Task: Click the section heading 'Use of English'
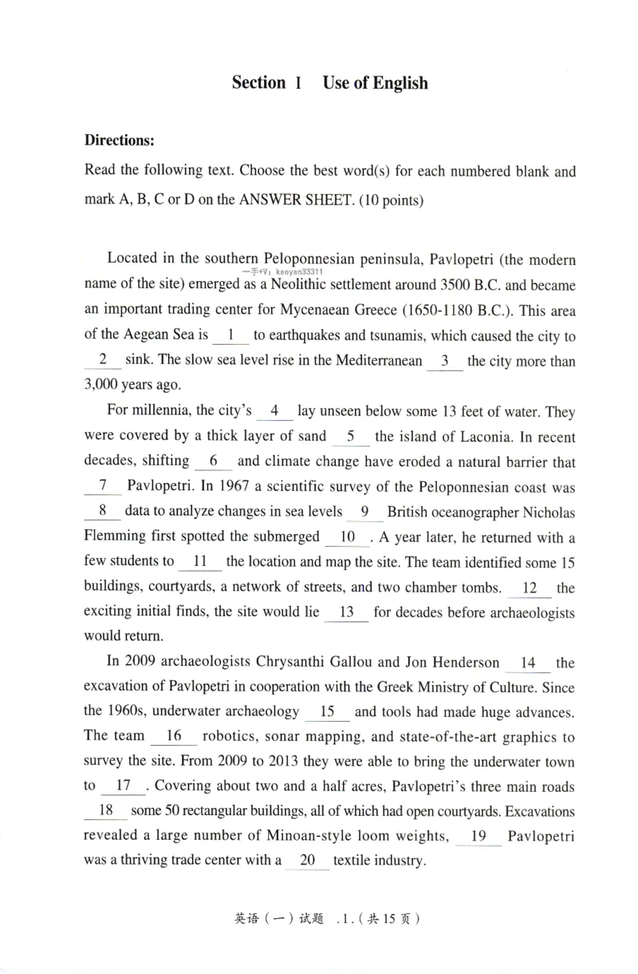(375, 83)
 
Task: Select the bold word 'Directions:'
(119, 140)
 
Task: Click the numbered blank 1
(230, 335)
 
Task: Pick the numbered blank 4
(275, 412)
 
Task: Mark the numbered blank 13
(347, 613)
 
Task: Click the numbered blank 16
(174, 735)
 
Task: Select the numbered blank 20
(307, 861)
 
